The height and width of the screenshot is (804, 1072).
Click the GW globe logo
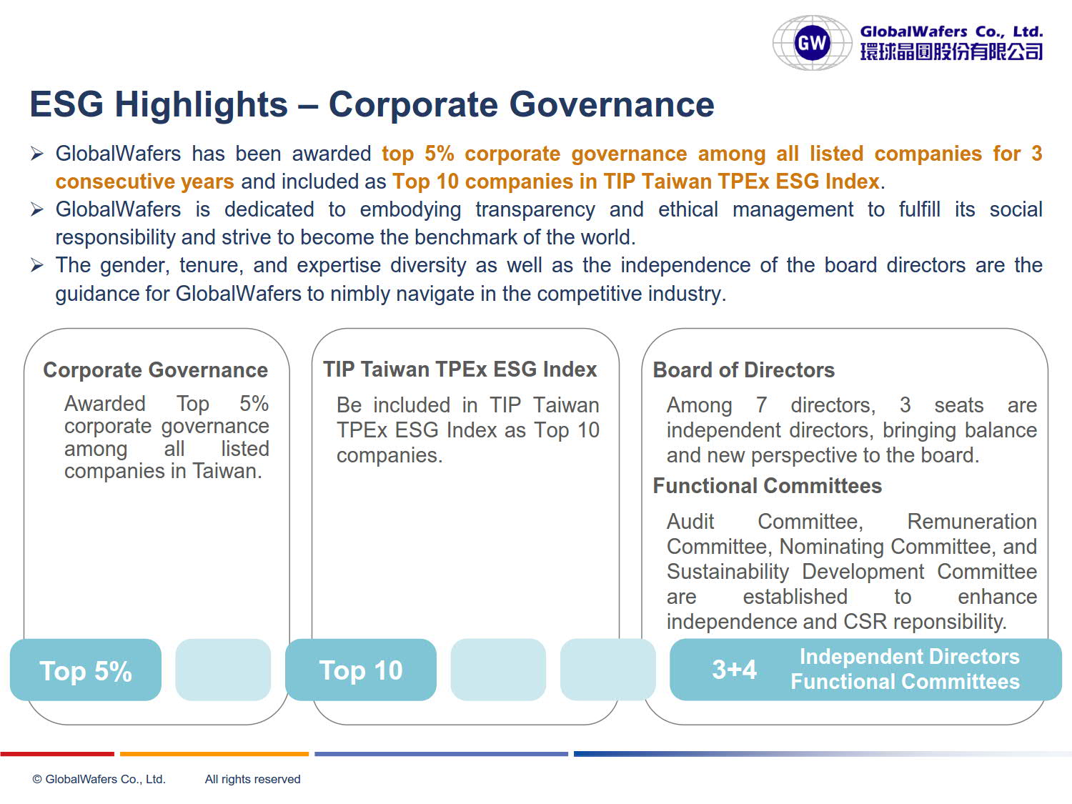pyautogui.click(x=812, y=43)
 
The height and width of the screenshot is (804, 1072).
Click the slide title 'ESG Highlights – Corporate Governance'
pyautogui.click(x=372, y=104)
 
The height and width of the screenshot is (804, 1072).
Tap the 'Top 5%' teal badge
pyautogui.click(x=86, y=670)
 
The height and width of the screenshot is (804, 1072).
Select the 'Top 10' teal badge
pyautogui.click(x=360, y=670)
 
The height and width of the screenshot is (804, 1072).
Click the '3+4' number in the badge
pyautogui.click(x=734, y=669)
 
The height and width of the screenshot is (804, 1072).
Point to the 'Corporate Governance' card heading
pyautogui.click(x=155, y=370)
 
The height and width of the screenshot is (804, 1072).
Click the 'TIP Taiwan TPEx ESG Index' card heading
pyautogui.click(x=460, y=369)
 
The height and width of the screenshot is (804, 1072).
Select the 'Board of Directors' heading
pyautogui.click(x=743, y=370)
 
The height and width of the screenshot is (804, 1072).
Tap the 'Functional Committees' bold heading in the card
pyautogui.click(x=768, y=486)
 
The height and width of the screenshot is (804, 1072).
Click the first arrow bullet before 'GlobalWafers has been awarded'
pyautogui.click(x=37, y=154)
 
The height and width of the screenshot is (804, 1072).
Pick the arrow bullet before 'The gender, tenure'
pyautogui.click(x=37, y=266)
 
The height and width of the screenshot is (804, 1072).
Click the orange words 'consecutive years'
pyautogui.click(x=144, y=182)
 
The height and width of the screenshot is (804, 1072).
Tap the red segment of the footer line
pyautogui.click(x=57, y=754)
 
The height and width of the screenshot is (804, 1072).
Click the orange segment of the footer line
pyautogui.click(x=214, y=754)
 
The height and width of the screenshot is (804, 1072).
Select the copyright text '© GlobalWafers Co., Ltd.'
pyautogui.click(x=99, y=779)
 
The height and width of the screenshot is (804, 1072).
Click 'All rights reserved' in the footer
pyautogui.click(x=252, y=779)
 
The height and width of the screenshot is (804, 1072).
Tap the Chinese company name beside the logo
pyautogui.click(x=951, y=51)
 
